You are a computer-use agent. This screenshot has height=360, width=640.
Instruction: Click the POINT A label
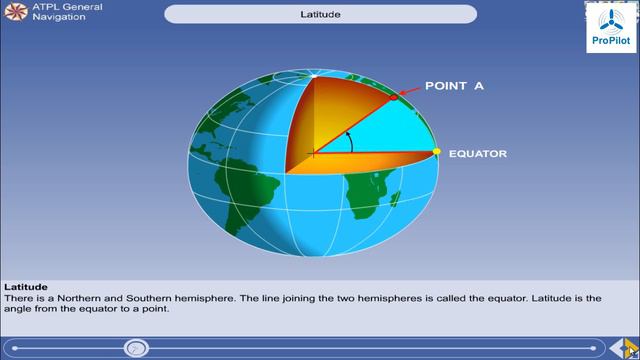click(x=455, y=86)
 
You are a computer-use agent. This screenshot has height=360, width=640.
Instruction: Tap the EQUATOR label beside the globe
click(x=478, y=154)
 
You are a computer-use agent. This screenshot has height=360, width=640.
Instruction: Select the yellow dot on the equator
click(x=436, y=152)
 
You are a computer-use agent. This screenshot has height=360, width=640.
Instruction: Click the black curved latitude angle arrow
click(x=349, y=140)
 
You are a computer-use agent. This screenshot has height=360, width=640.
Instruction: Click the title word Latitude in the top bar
click(x=320, y=15)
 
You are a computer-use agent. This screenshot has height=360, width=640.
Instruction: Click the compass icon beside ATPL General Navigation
click(x=14, y=11)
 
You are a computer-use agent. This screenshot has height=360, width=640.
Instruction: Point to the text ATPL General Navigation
click(x=66, y=11)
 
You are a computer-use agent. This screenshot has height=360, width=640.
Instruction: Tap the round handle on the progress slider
click(x=137, y=348)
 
